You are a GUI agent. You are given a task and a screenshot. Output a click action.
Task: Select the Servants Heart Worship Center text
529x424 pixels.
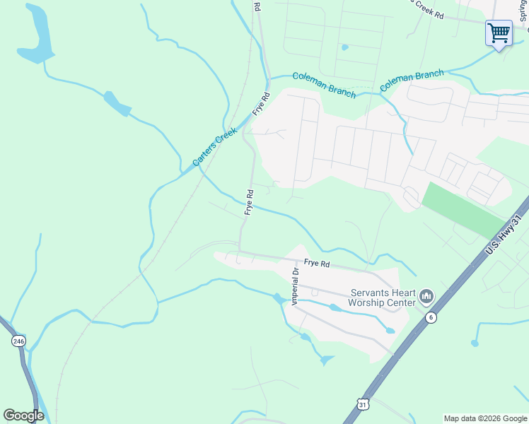pos(382,298)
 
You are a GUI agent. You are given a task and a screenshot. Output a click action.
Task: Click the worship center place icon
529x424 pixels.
pos(426,295)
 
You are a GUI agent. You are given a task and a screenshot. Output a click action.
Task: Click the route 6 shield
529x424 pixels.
pos(431,318)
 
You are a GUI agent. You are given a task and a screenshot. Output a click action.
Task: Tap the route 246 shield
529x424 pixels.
pos(18,341)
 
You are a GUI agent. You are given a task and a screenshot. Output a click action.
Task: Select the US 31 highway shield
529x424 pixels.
pos(363,404)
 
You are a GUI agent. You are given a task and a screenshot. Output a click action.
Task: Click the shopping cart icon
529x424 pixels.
pos(499,33)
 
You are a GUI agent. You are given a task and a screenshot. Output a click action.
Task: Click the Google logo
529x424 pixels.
pos(23,416)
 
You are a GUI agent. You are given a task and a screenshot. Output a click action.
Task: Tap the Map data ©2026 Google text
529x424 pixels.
pos(485,418)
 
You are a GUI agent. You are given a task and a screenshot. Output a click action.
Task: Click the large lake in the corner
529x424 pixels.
pos(35,35)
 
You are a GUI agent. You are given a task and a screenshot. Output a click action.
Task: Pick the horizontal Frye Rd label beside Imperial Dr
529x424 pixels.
pos(317,264)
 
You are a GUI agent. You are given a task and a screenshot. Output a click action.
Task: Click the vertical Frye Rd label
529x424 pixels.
pos(249,202)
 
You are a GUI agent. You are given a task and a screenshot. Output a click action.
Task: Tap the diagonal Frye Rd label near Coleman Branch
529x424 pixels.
pos(262,105)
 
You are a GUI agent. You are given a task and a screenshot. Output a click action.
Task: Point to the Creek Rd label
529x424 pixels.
pos(429,13)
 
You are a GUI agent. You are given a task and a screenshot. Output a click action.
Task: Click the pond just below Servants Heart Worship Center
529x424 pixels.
pos(389,330)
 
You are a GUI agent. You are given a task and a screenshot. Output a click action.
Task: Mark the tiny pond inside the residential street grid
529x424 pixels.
pos(344,47)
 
